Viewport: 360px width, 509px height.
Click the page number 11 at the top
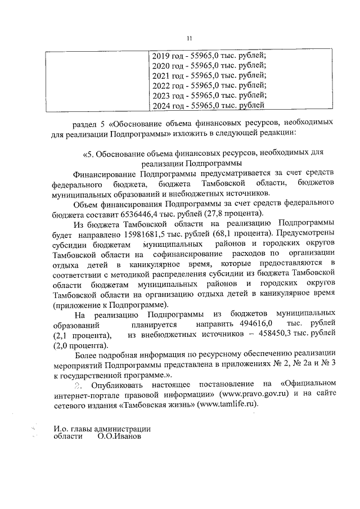(x=190, y=38)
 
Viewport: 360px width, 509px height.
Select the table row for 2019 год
(x=209, y=56)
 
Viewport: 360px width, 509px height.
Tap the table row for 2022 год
(x=209, y=85)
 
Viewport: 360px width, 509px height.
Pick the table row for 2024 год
(x=208, y=105)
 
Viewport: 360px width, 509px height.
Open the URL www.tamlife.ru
(x=227, y=404)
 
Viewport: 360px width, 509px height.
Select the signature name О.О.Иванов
(x=119, y=436)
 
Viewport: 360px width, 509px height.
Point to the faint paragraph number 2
(x=79, y=384)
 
